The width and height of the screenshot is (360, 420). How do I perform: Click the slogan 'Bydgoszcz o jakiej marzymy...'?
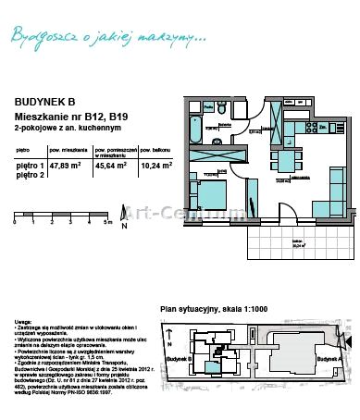pyautogui.click(x=107, y=36)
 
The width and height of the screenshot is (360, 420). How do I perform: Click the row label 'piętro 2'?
pyautogui.click(x=29, y=174)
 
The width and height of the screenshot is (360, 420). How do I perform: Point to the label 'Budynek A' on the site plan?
pyautogui.click(x=327, y=358)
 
